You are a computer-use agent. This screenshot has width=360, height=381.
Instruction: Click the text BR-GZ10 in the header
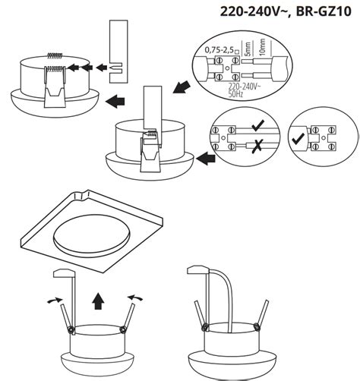[x=324, y=11]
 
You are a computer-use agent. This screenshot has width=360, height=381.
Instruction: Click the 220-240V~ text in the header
[x=253, y=11]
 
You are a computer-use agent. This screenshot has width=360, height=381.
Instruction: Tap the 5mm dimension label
[x=248, y=49]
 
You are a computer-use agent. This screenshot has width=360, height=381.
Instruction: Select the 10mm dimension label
[x=262, y=47]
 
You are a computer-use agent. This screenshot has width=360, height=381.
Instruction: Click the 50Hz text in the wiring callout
[x=235, y=94]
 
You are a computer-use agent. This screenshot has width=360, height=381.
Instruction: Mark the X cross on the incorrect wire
[x=257, y=146]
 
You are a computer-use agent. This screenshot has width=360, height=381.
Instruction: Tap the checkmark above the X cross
[x=258, y=125]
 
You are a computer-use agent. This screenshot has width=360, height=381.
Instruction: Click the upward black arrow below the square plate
[x=98, y=301]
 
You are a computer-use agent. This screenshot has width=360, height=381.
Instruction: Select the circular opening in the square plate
[x=92, y=235]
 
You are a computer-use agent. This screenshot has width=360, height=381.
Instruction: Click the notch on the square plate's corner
[x=81, y=195]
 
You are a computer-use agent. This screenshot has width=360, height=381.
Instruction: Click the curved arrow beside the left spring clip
[x=55, y=301]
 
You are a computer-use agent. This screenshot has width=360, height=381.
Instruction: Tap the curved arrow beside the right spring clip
[x=135, y=298]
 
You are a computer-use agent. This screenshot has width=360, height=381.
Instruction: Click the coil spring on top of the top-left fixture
[x=55, y=55]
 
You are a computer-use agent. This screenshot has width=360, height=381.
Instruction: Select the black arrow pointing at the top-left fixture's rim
[x=115, y=102]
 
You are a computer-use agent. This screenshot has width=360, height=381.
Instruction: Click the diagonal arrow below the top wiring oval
[x=181, y=87]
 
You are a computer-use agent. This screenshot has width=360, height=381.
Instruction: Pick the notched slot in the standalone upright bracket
[x=115, y=68]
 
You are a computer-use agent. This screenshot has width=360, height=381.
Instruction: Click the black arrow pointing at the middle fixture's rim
[x=206, y=159]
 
